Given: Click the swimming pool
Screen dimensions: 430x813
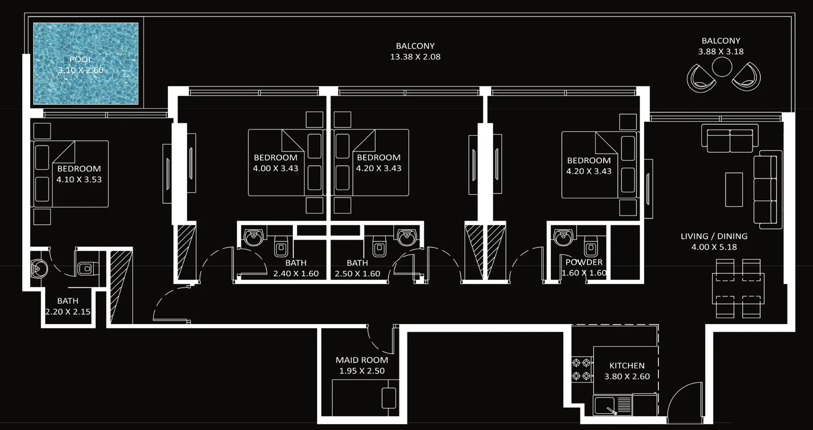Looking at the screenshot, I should click(x=85, y=64).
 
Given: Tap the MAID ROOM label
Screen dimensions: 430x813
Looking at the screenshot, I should click(x=362, y=360).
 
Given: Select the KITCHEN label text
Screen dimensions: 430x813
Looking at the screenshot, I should click(x=627, y=365).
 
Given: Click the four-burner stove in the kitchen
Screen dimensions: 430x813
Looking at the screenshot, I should click(x=581, y=369).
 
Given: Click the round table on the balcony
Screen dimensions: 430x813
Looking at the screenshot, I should click(x=722, y=67).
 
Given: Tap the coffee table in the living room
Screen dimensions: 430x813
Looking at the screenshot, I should click(x=734, y=189).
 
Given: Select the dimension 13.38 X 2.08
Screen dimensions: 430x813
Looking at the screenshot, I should click(x=415, y=57).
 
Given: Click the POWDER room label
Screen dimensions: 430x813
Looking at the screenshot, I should click(x=584, y=262).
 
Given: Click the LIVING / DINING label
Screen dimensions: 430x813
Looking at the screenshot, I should click(x=714, y=236).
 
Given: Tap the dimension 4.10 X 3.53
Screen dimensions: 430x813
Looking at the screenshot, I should click(x=79, y=179).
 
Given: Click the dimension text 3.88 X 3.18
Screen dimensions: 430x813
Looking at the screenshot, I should click(x=721, y=51).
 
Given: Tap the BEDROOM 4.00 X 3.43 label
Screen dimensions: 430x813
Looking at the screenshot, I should click(x=275, y=158).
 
